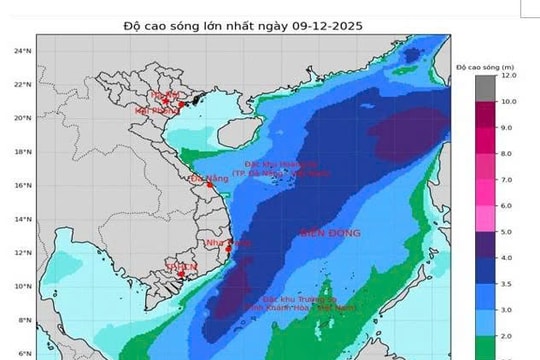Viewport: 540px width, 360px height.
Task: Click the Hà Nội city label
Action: tap(165, 94)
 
